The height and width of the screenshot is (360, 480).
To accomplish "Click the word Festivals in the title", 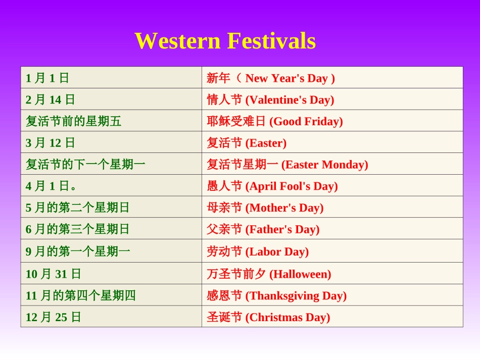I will pyautogui.click(x=271, y=41).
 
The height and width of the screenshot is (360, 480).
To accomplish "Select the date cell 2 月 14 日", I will pyautogui.click(x=51, y=99).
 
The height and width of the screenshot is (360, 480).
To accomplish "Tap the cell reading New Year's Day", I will pyautogui.click(x=271, y=78).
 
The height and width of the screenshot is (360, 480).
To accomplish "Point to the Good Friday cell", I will pyautogui.click(x=275, y=121).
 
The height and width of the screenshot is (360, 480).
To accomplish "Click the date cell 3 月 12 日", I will pyautogui.click(x=51, y=143).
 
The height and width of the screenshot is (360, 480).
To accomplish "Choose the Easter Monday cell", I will pyautogui.click(x=287, y=165).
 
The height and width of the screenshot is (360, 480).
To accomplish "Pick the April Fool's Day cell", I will pyautogui.click(x=272, y=186).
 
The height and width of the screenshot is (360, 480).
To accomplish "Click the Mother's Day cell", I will pyautogui.click(x=265, y=208).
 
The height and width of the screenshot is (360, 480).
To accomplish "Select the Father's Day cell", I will pyautogui.click(x=263, y=229).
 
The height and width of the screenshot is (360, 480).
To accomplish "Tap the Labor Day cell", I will pyautogui.click(x=258, y=251).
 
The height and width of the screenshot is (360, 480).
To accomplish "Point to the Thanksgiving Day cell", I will pyautogui.click(x=276, y=296).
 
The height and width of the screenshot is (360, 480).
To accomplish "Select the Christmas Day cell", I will pyautogui.click(x=268, y=318).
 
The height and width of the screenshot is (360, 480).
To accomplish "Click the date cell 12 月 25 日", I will pyautogui.click(x=54, y=318).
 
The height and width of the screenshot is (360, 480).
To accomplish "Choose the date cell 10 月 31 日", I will pyautogui.click(x=54, y=274).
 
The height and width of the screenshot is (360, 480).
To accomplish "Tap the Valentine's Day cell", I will pyautogui.click(x=270, y=99).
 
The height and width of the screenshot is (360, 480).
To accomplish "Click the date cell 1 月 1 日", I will pyautogui.click(x=47, y=78).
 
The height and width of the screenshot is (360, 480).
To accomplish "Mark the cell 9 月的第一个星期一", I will pyautogui.click(x=78, y=251).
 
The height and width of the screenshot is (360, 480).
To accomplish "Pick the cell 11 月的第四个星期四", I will pyautogui.click(x=81, y=296).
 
